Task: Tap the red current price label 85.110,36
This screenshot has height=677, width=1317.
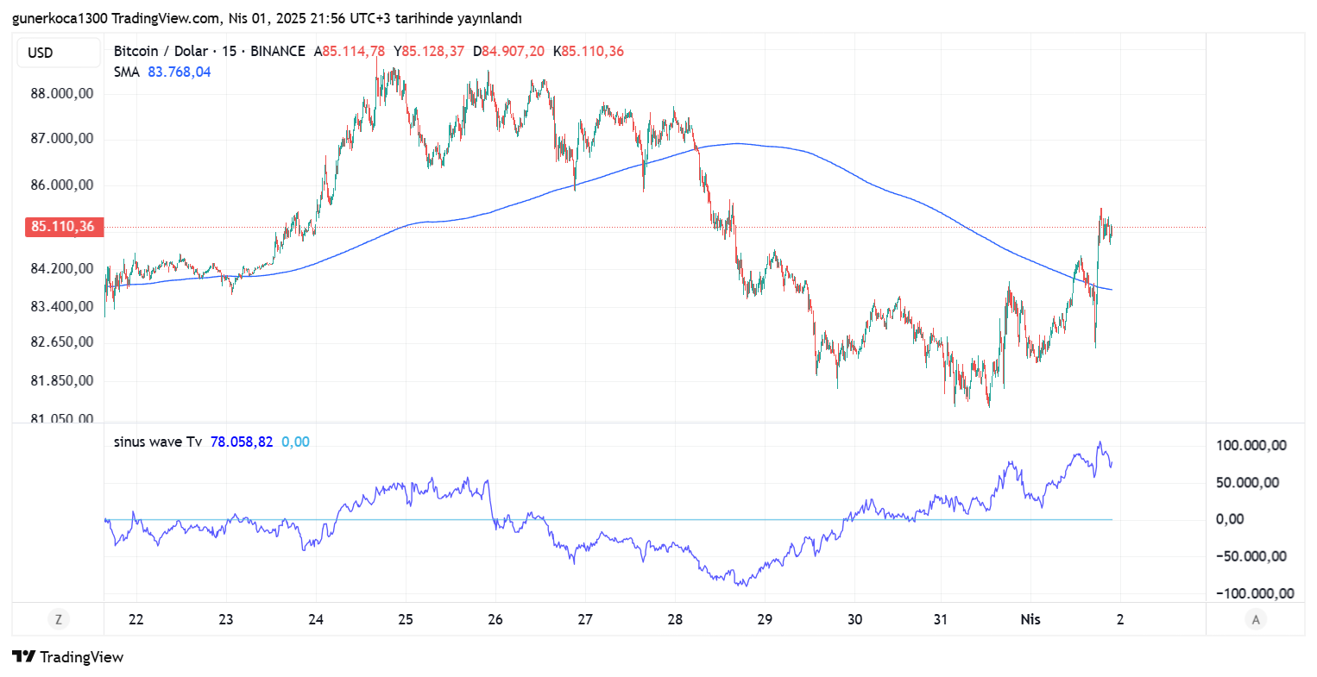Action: click(63, 227)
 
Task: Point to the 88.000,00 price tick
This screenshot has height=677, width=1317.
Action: click(62, 93)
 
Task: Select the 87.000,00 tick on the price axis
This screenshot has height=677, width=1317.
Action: click(62, 138)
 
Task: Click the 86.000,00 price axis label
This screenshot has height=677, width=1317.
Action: click(62, 185)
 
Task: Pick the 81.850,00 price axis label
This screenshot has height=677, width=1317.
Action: click(62, 380)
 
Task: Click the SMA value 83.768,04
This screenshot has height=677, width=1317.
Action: click(179, 72)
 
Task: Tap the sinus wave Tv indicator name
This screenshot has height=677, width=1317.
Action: click(158, 442)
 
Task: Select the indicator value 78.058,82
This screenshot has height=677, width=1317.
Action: click(242, 442)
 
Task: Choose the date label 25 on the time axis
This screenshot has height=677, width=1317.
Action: click(406, 619)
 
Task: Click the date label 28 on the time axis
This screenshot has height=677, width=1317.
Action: click(675, 619)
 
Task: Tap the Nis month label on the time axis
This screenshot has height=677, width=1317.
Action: click(1030, 619)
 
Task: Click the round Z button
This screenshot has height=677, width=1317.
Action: click(59, 618)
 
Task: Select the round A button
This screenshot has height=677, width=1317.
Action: click(1256, 618)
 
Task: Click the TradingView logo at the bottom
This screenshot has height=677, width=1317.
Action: click(68, 657)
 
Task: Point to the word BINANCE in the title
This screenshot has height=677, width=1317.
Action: click(278, 51)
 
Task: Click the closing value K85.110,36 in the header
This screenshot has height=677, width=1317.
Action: click(589, 51)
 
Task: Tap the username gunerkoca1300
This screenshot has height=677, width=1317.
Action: click(60, 18)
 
